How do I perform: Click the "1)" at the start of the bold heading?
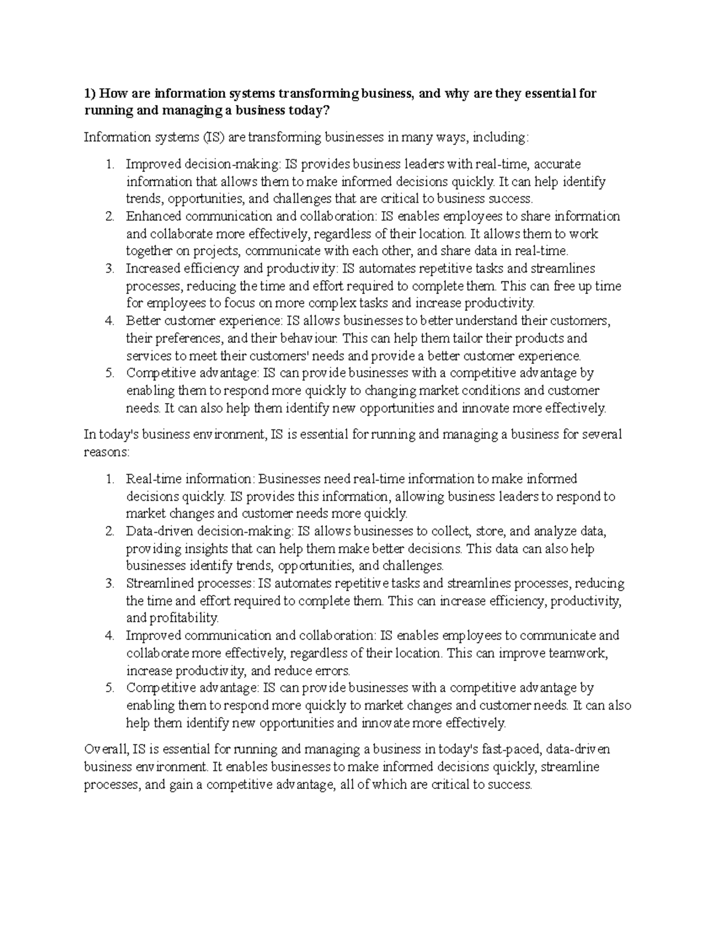[x=90, y=94]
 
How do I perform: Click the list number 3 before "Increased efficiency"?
[x=109, y=269]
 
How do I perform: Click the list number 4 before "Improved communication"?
[x=109, y=636]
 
